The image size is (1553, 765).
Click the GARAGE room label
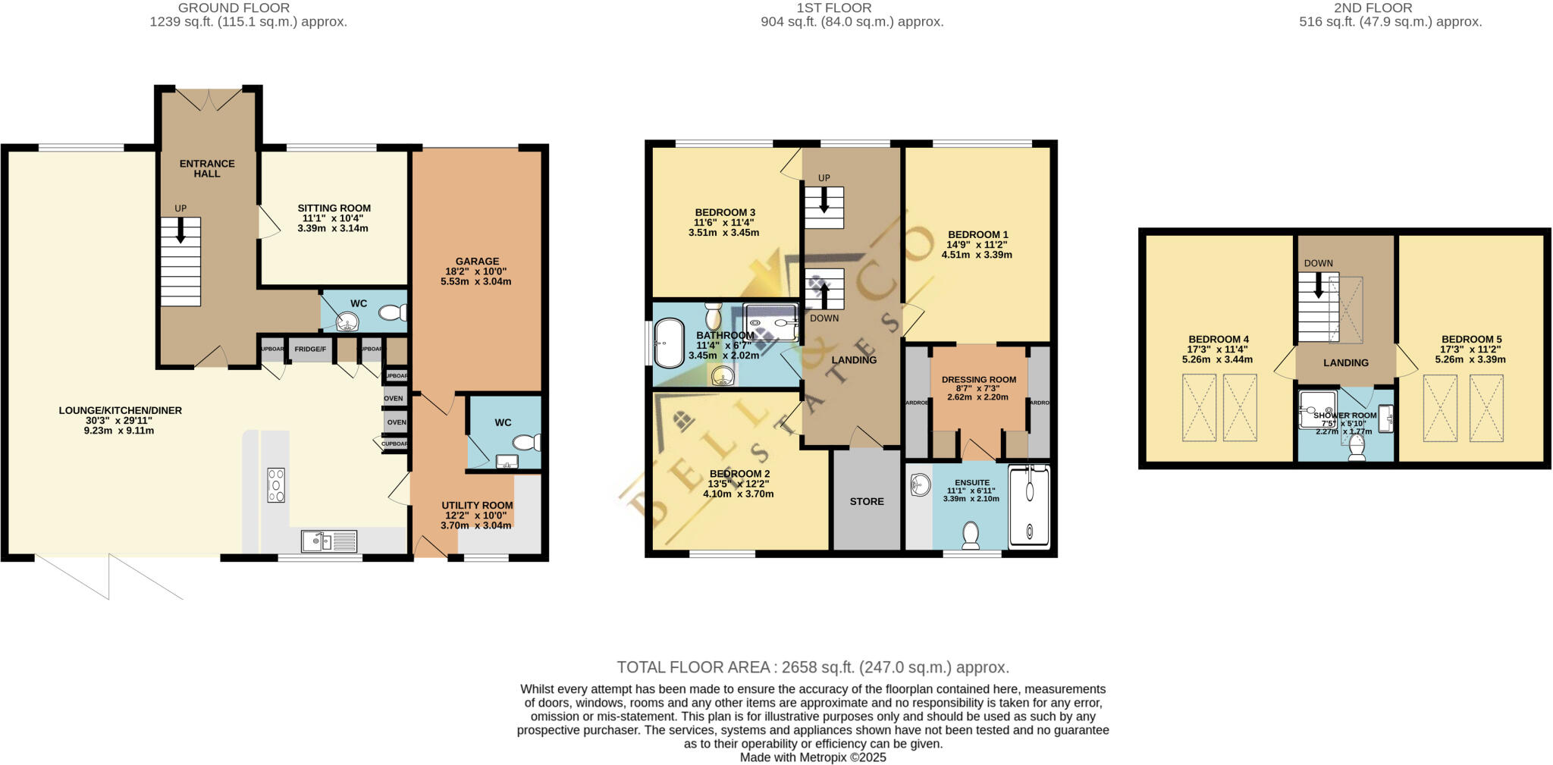(477, 261)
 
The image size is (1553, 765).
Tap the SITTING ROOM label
(334, 208)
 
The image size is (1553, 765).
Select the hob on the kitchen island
(276, 485)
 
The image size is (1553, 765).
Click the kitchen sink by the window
(329, 541)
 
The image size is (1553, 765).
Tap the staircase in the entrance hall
(180, 262)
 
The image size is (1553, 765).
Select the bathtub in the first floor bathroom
(669, 343)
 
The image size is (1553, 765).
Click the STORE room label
(867, 501)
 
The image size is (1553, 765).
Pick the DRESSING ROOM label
(978, 379)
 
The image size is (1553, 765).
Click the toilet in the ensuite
(971, 535)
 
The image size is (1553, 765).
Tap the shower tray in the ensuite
(1030, 506)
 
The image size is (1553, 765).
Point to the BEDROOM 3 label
(724, 212)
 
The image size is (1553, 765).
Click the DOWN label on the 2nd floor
(1318, 263)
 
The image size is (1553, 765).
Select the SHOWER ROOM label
(1345, 415)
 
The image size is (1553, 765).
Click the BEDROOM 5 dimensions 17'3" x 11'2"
(1471, 350)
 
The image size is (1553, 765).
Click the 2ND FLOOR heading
(1373, 8)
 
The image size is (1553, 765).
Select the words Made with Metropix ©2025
(812, 757)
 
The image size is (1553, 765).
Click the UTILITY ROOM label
(477, 505)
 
